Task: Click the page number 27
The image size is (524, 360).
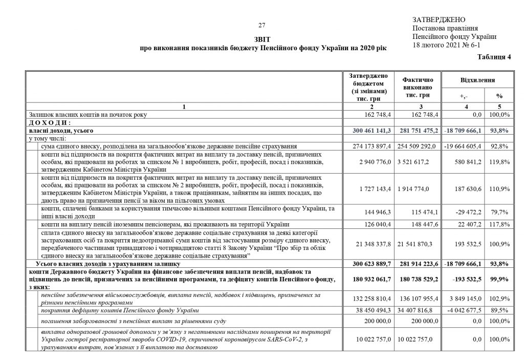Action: pos(261,26)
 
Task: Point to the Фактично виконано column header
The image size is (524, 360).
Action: pos(418,87)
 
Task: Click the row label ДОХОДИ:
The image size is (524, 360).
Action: pos(50,123)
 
